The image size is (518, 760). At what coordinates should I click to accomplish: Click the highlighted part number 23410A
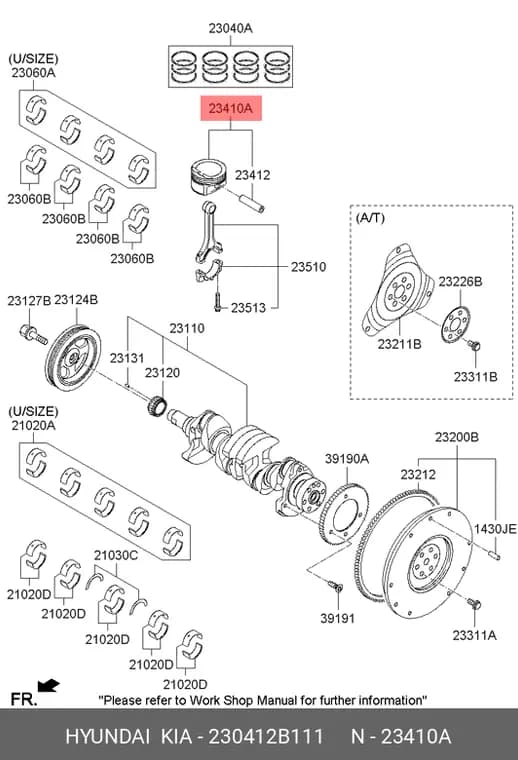[x=231, y=108]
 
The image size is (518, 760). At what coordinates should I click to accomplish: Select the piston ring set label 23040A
[x=231, y=28]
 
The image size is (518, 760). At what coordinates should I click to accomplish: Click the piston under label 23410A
[x=207, y=176]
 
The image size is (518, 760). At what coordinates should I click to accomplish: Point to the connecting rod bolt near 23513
[x=218, y=301]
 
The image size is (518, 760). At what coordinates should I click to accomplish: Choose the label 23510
[x=309, y=267]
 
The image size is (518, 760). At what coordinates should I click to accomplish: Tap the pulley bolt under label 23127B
[x=32, y=335]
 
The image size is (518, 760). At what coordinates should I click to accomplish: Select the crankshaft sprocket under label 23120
[x=157, y=405]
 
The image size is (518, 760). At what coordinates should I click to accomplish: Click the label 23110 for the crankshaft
[x=187, y=328]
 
